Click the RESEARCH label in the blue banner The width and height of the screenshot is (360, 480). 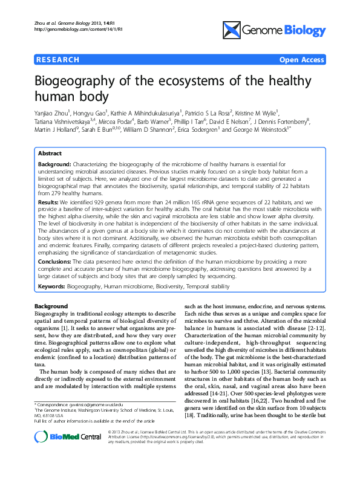click(x=57, y=60)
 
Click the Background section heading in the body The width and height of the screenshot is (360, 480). click(x=51, y=306)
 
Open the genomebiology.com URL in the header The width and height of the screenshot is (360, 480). click(x=77, y=29)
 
